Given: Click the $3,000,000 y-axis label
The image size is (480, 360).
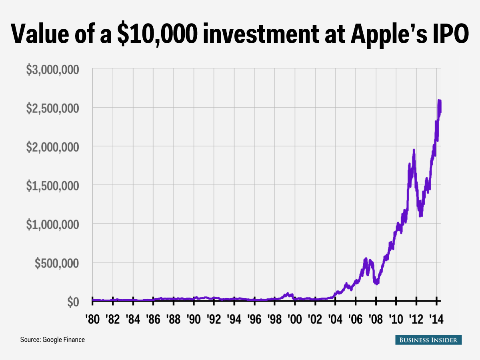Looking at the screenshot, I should (58, 70).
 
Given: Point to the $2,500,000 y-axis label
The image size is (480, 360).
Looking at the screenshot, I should (58, 108).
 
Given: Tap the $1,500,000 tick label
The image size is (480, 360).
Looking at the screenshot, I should (58, 186).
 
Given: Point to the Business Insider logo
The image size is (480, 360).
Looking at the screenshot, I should (428, 340).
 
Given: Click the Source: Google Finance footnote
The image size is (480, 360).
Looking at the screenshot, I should (52, 340).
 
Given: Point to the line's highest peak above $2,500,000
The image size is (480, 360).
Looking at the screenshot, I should (439, 100).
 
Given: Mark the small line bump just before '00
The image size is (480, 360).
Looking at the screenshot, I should (288, 294).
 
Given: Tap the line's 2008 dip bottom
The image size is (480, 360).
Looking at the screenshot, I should (376, 284).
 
